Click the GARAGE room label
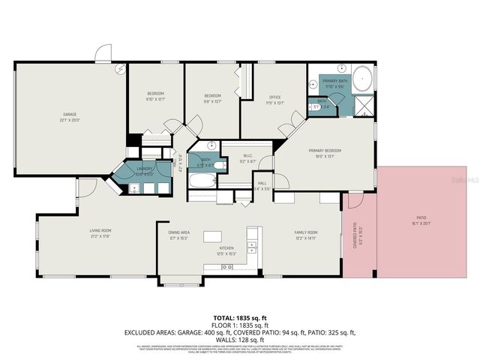[x=70, y=115]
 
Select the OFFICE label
[x=274, y=97]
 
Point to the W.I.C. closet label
[x=247, y=157]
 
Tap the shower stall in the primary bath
[x=364, y=104]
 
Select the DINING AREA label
[x=178, y=232]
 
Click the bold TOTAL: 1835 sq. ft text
[x=239, y=319]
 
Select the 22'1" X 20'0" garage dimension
[x=70, y=120]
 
